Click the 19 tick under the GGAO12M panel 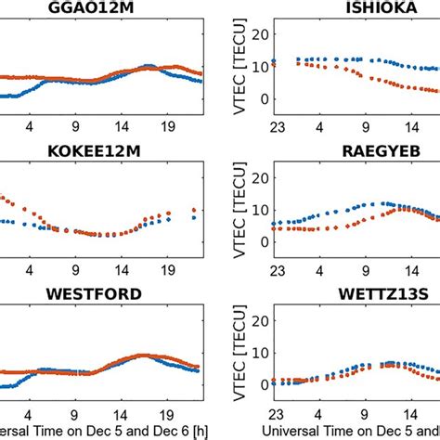point(169,130)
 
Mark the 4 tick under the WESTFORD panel point(29,414)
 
